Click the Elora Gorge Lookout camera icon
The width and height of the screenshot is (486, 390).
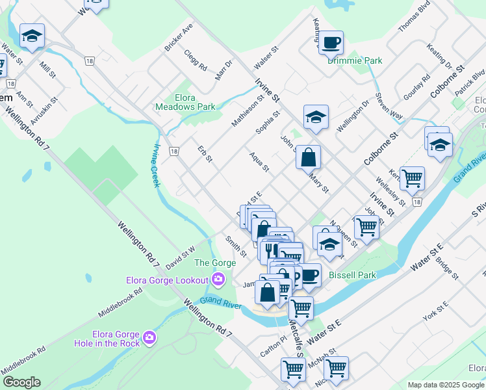coord(218,280)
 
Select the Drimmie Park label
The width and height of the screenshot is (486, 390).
coord(355,60)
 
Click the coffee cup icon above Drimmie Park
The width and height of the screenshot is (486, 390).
coord(331,42)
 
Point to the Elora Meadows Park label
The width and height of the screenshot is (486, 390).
coord(185,102)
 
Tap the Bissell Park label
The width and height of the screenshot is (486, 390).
coord(352,275)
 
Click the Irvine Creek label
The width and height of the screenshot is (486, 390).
coord(157,166)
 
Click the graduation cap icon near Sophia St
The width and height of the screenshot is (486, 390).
coord(316,117)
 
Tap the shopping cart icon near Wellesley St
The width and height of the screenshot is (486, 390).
coord(412,177)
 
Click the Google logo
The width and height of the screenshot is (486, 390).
coord(21,382)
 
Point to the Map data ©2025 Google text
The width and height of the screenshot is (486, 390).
coord(446,385)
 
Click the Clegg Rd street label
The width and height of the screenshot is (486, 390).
coord(195,60)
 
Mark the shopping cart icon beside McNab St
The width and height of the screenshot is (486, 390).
coord(336,368)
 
